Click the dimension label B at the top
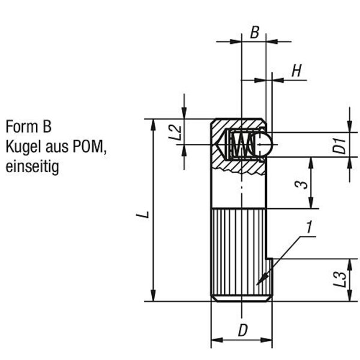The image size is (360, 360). pyautogui.click(x=254, y=32)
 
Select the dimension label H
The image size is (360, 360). pyautogui.click(x=296, y=70)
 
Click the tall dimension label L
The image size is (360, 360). pyautogui.click(x=142, y=214)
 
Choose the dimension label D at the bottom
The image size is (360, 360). pyautogui.click(x=242, y=331)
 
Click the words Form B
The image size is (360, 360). pyautogui.click(x=28, y=127)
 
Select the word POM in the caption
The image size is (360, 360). pyautogui.click(x=92, y=146)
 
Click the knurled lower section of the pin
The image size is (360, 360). pyautogui.click(x=240, y=252)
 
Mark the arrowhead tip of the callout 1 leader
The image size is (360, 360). pyautogui.click(x=256, y=284)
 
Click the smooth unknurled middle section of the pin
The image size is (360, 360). pyautogui.click(x=240, y=192)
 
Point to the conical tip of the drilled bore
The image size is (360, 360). pyautogui.click(x=220, y=144)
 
